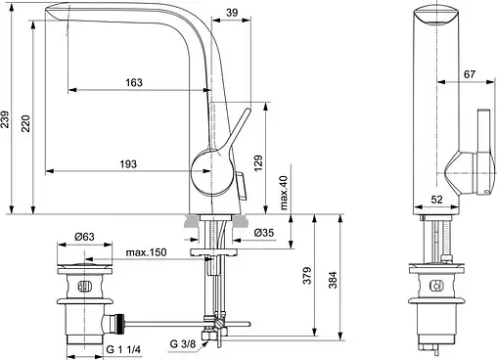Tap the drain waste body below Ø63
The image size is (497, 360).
pyautogui.click(x=87, y=303)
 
